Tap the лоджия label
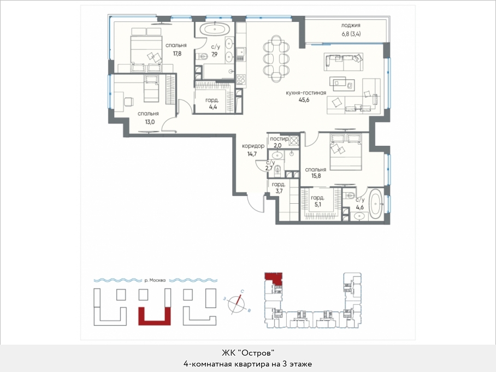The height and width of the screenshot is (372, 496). (x=351, y=25)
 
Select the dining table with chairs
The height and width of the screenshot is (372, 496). (x=276, y=58)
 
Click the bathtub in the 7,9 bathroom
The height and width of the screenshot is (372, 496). (x=215, y=30)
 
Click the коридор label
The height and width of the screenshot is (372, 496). (x=253, y=146)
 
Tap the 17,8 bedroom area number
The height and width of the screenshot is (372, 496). (x=177, y=54)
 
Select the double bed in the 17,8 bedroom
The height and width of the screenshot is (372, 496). (x=146, y=50)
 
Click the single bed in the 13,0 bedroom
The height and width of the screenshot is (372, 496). (x=151, y=89)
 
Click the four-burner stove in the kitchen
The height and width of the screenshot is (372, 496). (x=241, y=79)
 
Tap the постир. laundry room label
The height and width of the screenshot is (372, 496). (x=279, y=139)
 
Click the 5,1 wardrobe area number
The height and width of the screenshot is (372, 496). (x=317, y=205)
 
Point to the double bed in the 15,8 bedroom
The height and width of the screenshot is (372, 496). (x=345, y=152)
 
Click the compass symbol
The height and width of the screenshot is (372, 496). (x=237, y=304)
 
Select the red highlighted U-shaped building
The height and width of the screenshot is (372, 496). (x=155, y=316)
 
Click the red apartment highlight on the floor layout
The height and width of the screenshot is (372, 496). (x=273, y=277)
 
